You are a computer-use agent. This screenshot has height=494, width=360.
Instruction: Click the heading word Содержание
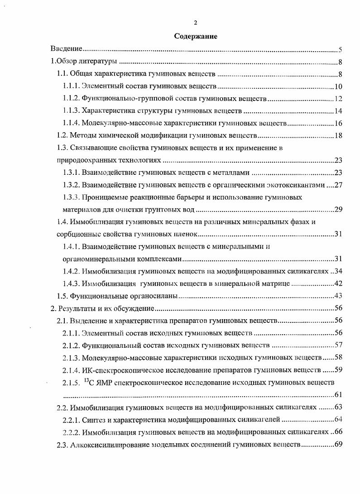(196, 37)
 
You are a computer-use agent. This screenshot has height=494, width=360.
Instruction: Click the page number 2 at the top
(195, 22)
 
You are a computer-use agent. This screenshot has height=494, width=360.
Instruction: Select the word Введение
(66, 49)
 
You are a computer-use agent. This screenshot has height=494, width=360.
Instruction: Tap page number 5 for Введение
(340, 50)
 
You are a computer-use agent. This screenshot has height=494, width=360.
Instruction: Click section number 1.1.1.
(72, 86)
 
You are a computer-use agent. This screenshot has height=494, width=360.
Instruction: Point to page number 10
(338, 87)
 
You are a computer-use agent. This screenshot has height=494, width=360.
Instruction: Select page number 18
(338, 135)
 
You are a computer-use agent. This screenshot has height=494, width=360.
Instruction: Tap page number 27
(338, 185)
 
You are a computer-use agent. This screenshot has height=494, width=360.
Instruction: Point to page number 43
(338, 296)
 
